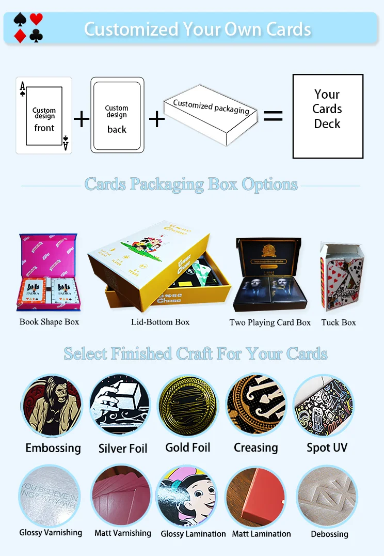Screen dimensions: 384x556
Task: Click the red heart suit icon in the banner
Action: [36, 20]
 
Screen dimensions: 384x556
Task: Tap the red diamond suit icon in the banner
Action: [20, 36]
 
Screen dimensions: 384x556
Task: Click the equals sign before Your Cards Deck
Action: [273, 116]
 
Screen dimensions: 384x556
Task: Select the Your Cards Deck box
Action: [328, 116]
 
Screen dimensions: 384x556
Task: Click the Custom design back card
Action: [117, 115]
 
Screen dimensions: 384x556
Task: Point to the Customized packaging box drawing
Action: [211, 116]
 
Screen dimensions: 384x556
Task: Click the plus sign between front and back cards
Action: [81, 119]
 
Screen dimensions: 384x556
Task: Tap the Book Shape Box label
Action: [50, 322]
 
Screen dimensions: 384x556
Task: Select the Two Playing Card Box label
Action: [270, 322]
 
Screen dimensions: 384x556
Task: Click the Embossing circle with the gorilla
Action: [52, 406]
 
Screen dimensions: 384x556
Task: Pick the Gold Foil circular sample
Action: [188, 406]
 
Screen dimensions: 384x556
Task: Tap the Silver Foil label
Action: [123, 449]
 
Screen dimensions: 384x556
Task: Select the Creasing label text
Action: [256, 447]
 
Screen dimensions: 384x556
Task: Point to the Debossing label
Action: [329, 534]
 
